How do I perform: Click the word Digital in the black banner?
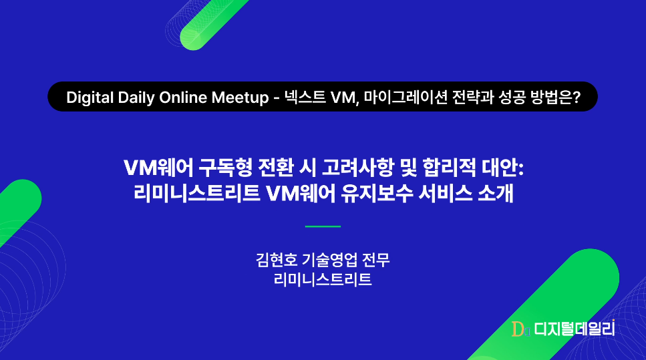[90, 98]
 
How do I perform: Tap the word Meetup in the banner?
[240, 98]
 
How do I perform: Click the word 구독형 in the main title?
[225, 167]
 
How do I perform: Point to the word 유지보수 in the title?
[377, 193]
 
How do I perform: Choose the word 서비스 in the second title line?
[445, 193]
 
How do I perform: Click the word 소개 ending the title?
[496, 193]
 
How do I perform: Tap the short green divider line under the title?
[323, 226]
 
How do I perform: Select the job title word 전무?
[375, 260]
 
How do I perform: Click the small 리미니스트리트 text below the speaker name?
[323, 279]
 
